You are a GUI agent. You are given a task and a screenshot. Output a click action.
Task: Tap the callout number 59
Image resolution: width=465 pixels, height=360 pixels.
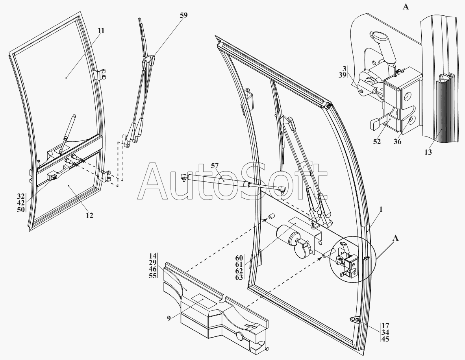pos(183,15)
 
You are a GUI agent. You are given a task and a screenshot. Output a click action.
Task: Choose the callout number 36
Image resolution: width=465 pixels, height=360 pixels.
pos(398,141)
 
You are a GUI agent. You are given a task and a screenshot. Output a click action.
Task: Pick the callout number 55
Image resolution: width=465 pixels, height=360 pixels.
pos(153,275)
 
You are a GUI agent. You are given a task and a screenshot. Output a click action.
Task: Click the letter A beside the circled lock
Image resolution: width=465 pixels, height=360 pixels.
pos(396,238)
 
